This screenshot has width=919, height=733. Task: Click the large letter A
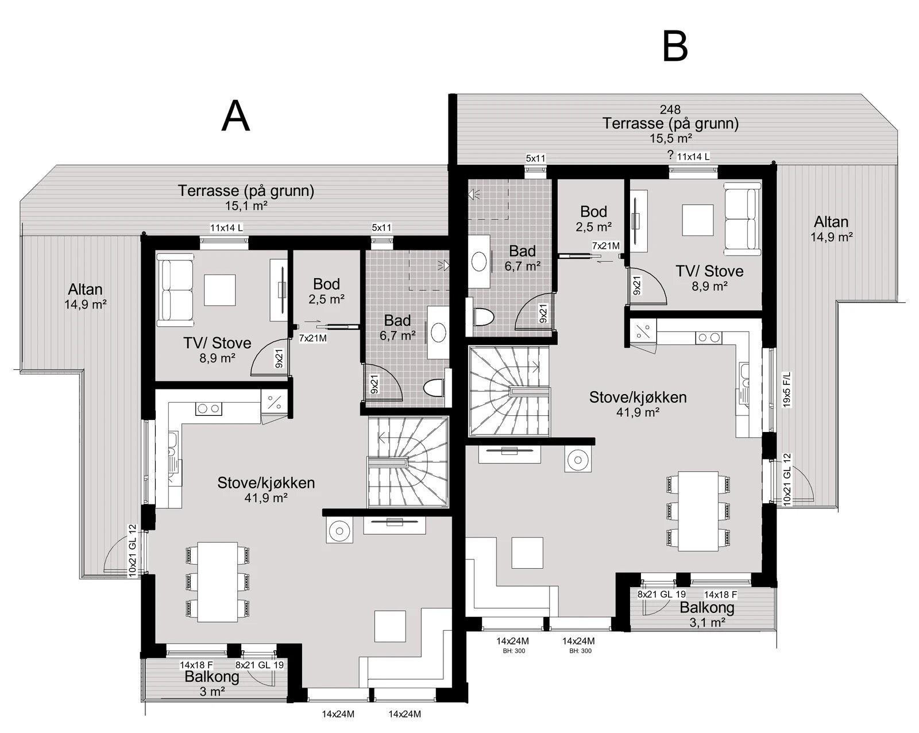pyautogui.click(x=235, y=116)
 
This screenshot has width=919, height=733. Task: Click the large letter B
pyautogui.click(x=675, y=46)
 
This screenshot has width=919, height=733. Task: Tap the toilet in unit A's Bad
pyautogui.click(x=435, y=388)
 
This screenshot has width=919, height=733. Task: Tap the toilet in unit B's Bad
pyautogui.click(x=484, y=317)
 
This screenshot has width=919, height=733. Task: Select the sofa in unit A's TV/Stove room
pyautogui.click(x=175, y=290)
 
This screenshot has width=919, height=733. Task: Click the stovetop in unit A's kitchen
pyautogui.click(x=209, y=408)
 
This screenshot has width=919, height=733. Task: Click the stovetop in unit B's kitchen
pyautogui.click(x=709, y=337)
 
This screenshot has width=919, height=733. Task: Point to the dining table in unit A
pyautogui.click(x=217, y=582)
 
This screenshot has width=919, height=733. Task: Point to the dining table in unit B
pyautogui.click(x=698, y=511)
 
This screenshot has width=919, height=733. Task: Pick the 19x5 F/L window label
pyautogui.click(x=787, y=389)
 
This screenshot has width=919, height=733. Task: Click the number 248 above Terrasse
pyautogui.click(x=670, y=110)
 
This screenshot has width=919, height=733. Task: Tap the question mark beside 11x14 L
pyautogui.click(x=670, y=155)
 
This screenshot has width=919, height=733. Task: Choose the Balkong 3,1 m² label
pyautogui.click(x=707, y=615)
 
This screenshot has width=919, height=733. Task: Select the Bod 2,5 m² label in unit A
pyautogui.click(x=327, y=291)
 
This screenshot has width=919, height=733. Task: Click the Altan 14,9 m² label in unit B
pyautogui.click(x=831, y=229)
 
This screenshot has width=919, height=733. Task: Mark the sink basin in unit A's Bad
pyautogui.click(x=439, y=333)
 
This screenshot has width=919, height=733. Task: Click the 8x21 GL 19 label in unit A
pyautogui.click(x=260, y=665)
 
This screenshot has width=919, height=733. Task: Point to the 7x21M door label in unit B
pyautogui.click(x=605, y=246)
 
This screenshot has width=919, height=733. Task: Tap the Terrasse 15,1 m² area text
pyautogui.click(x=246, y=198)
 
